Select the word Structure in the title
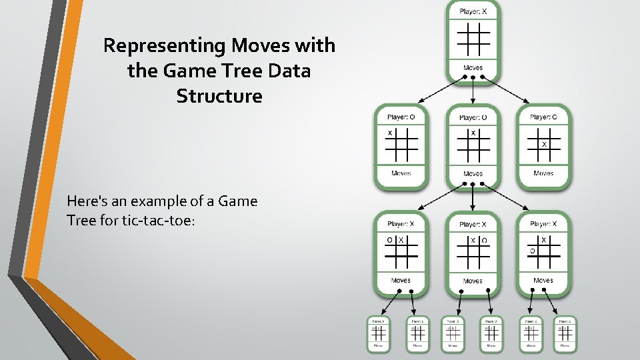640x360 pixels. (219, 96)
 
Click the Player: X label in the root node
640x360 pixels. (473, 11)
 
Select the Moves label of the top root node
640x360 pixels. (473, 67)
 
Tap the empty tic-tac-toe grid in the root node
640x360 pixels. (473, 39)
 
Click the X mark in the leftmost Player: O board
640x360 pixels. (390, 133)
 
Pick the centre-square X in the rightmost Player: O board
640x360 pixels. (544, 144)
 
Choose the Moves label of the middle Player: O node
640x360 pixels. (473, 174)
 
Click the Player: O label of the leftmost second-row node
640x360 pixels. (401, 117)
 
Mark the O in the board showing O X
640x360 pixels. (390, 240)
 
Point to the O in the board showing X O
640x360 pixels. (485, 240)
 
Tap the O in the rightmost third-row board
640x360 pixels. (532, 251)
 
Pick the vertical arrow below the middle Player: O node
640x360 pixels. (473, 196)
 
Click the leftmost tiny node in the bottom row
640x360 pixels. (378, 333)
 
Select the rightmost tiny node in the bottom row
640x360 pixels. (565, 333)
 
